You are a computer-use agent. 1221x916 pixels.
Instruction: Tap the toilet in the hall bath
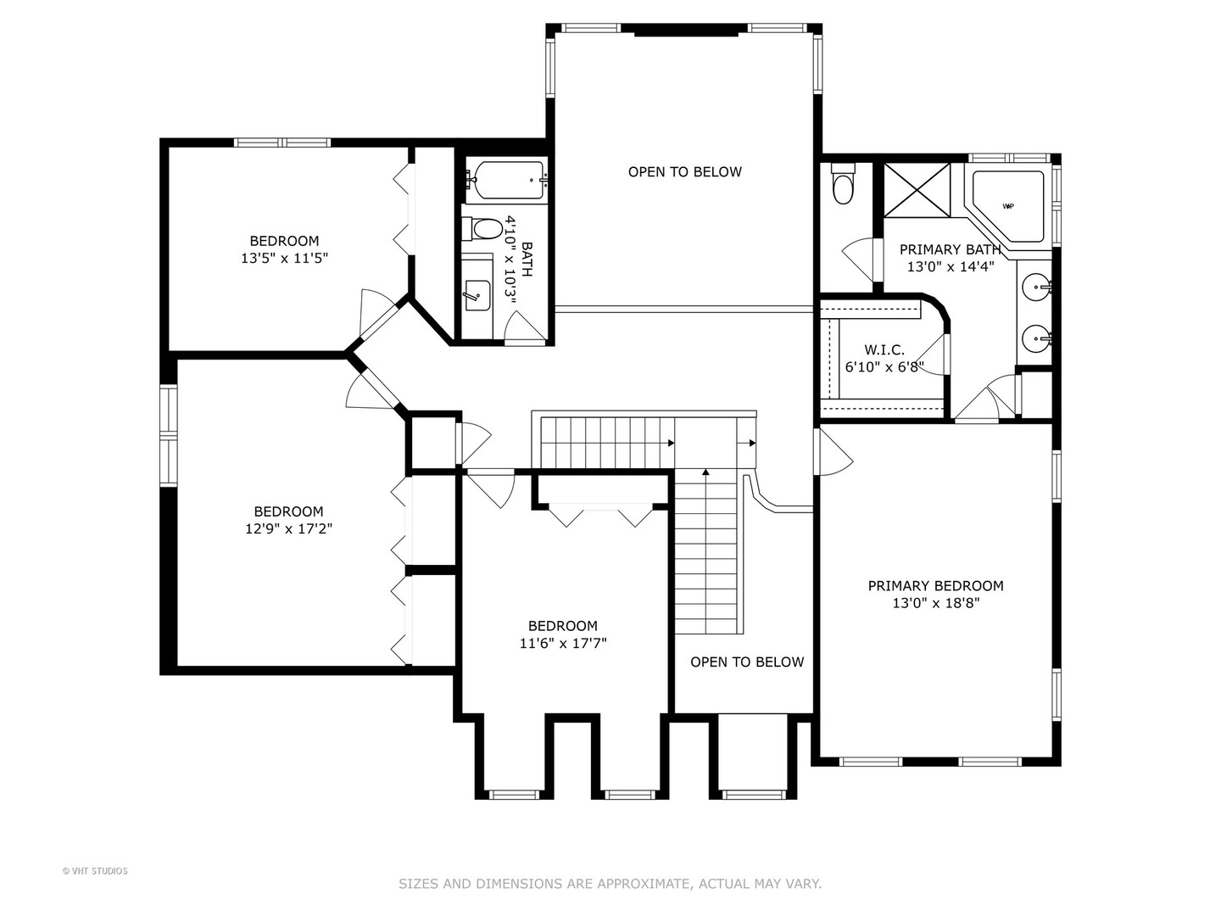485,228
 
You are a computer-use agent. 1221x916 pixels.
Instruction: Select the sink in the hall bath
477,294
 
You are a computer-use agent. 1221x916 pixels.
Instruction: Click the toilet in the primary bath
843,188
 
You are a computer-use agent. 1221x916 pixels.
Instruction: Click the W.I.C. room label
884,350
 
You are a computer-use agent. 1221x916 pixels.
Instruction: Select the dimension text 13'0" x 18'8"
936,603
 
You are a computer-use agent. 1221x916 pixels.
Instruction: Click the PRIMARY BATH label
950,249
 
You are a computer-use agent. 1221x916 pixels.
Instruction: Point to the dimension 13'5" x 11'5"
284,258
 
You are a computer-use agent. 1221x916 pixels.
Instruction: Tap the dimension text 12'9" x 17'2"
288,528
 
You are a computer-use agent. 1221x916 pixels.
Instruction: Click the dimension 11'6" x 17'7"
563,643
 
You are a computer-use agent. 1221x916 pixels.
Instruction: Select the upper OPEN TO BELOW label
684,171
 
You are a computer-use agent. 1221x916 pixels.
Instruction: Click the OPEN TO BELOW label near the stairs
747,662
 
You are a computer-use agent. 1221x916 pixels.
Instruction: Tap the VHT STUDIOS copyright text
95,871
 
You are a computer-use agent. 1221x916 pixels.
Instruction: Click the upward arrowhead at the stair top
705,472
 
